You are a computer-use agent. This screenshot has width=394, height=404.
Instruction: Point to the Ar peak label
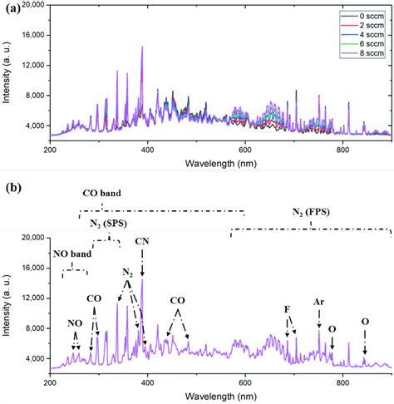point(318,302)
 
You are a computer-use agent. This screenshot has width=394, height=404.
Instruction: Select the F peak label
point(288,309)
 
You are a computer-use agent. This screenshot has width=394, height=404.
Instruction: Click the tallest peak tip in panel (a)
point(142,47)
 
